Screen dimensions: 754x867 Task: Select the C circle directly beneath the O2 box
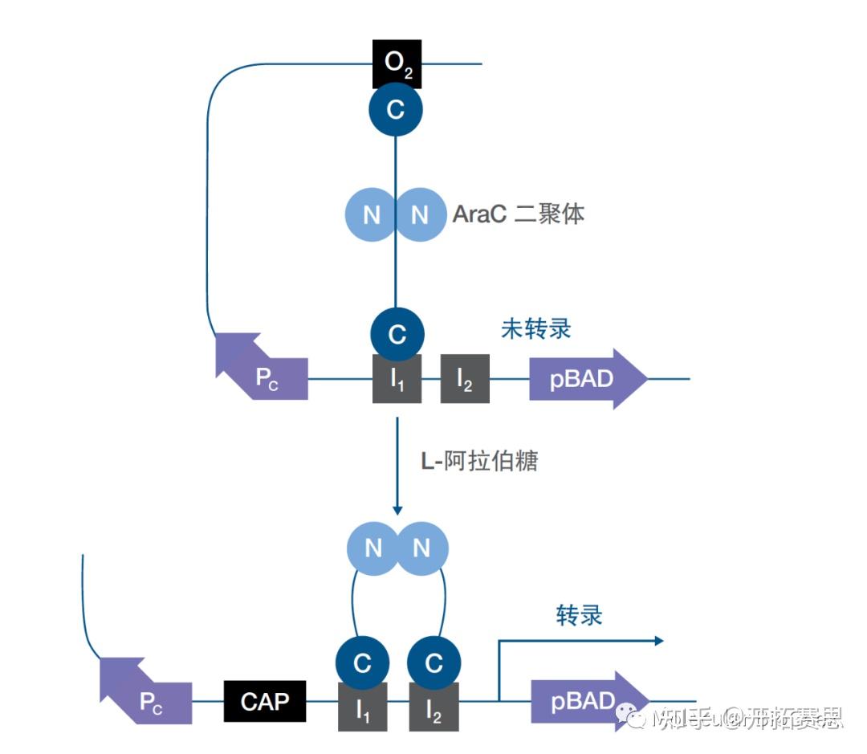point(396,110)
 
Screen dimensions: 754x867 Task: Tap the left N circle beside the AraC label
point(371,214)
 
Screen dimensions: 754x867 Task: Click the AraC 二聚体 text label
point(518,214)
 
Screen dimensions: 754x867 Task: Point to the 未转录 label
point(535,329)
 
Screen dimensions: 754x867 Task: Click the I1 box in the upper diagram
point(397,379)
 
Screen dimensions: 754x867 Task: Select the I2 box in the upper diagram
point(465,379)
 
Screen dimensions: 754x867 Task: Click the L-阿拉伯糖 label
point(479,462)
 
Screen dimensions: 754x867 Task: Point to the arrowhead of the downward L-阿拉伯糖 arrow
point(397,510)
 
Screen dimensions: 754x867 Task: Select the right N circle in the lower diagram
point(421,548)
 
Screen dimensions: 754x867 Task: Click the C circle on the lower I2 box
point(433,663)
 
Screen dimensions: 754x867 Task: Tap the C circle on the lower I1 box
point(363,663)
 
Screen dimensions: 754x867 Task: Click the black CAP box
point(265,702)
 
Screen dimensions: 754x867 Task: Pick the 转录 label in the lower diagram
point(579,615)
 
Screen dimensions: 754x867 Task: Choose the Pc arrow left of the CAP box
point(147,695)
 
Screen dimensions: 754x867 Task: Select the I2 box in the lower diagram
point(433,707)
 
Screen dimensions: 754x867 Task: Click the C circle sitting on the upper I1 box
point(397,334)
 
